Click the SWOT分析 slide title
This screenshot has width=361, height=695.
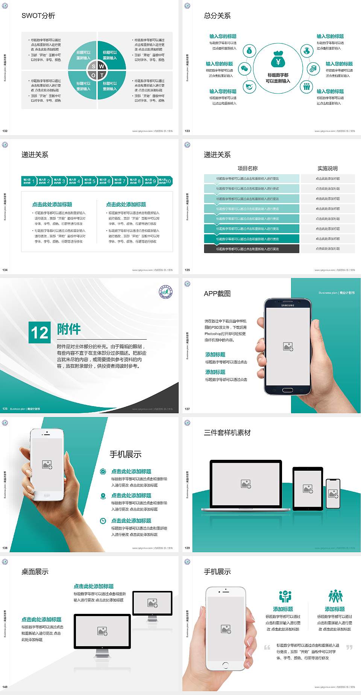pos(38,16)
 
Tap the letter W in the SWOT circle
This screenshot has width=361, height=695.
pos(102,66)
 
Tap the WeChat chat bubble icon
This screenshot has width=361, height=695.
pos(245,69)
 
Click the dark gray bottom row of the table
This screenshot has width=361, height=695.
pos(252,249)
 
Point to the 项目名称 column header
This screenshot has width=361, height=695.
pos(247,168)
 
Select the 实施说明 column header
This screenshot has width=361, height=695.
pos(328,168)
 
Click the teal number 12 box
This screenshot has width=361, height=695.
pos(39,332)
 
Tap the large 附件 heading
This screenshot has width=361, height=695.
pos(69,329)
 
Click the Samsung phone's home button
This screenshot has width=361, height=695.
pos(288,390)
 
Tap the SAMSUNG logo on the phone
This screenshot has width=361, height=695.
pos(288,305)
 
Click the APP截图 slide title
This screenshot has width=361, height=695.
pos(217,294)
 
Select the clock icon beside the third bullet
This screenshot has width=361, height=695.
pos(103,521)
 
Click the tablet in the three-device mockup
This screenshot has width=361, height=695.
pos(308,488)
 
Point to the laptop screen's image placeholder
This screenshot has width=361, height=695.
pos(246,484)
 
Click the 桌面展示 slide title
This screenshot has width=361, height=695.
pos(35,572)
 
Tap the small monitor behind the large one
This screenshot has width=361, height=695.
pos(152,603)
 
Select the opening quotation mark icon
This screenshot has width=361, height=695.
pos(267,647)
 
